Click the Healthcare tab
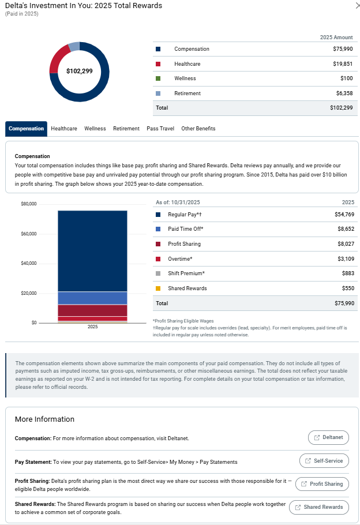point(63,129)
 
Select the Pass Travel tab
point(160,129)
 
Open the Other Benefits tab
point(198,129)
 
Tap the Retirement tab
point(126,129)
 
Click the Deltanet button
point(328,437)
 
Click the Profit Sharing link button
point(322,484)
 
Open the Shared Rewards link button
point(318,507)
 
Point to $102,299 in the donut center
point(79,72)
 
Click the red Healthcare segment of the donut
point(56,59)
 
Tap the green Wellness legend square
point(158,78)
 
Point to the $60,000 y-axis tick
point(28,234)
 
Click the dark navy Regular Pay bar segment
point(92,251)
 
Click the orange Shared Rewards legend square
point(158,288)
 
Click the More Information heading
point(44,419)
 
